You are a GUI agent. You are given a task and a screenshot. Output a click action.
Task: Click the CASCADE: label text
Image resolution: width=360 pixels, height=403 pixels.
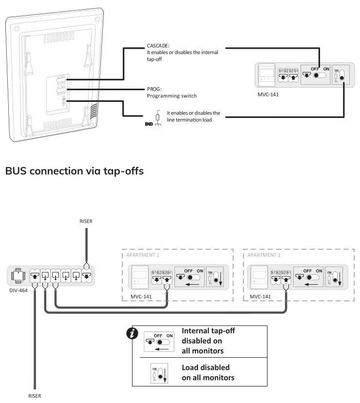(x=158, y=46)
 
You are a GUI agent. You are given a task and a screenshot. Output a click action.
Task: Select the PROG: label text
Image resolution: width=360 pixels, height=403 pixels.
(x=154, y=89)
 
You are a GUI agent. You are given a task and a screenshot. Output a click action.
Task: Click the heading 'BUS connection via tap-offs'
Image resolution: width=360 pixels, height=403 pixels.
(x=74, y=171)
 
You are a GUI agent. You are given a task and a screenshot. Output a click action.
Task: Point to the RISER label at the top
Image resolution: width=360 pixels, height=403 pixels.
(x=86, y=221)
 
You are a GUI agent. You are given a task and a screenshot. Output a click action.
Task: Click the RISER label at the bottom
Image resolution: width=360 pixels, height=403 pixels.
(x=36, y=396)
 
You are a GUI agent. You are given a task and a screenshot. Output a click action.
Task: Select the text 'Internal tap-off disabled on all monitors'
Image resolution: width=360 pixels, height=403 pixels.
(x=208, y=341)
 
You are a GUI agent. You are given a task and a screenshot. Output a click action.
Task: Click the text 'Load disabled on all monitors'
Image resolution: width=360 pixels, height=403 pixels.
(x=208, y=372)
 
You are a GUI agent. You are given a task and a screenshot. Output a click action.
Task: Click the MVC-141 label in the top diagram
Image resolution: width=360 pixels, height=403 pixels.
(x=268, y=95)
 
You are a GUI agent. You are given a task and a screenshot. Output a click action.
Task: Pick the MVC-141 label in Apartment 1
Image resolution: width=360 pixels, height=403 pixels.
(x=141, y=296)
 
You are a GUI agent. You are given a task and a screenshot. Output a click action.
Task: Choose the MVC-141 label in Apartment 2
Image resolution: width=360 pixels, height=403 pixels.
(x=261, y=296)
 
